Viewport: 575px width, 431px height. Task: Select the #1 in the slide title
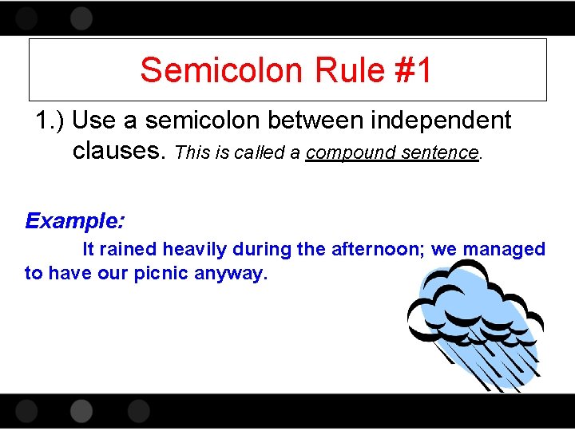(412, 70)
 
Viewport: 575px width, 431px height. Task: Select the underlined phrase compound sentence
(392, 152)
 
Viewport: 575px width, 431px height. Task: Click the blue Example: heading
(73, 220)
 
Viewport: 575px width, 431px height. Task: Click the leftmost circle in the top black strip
(26, 18)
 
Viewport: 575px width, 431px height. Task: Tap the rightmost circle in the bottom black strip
(138, 411)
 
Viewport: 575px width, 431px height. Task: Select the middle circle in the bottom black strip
(81, 411)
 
